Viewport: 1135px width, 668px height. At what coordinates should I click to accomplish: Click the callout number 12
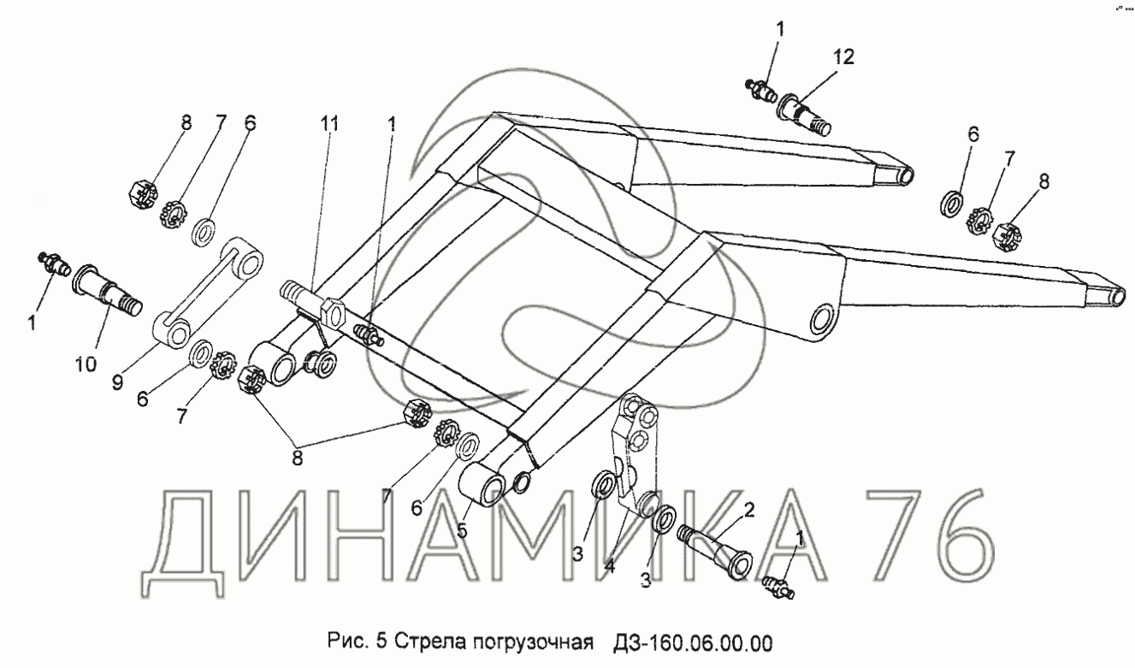tap(843, 56)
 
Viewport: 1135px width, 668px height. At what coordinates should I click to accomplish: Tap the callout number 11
tap(329, 124)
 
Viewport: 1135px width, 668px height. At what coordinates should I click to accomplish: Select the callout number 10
tap(86, 364)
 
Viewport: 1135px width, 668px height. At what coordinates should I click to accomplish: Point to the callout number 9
tap(117, 381)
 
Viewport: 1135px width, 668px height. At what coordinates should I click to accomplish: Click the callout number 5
tap(462, 530)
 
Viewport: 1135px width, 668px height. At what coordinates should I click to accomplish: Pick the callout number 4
tap(610, 566)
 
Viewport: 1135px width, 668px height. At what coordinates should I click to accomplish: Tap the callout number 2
tap(749, 510)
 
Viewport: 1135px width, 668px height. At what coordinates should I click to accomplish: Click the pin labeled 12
tap(805, 114)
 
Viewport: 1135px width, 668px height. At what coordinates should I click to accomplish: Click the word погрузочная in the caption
tap(533, 643)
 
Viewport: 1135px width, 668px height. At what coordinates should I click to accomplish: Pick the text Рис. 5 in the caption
tap(358, 642)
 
